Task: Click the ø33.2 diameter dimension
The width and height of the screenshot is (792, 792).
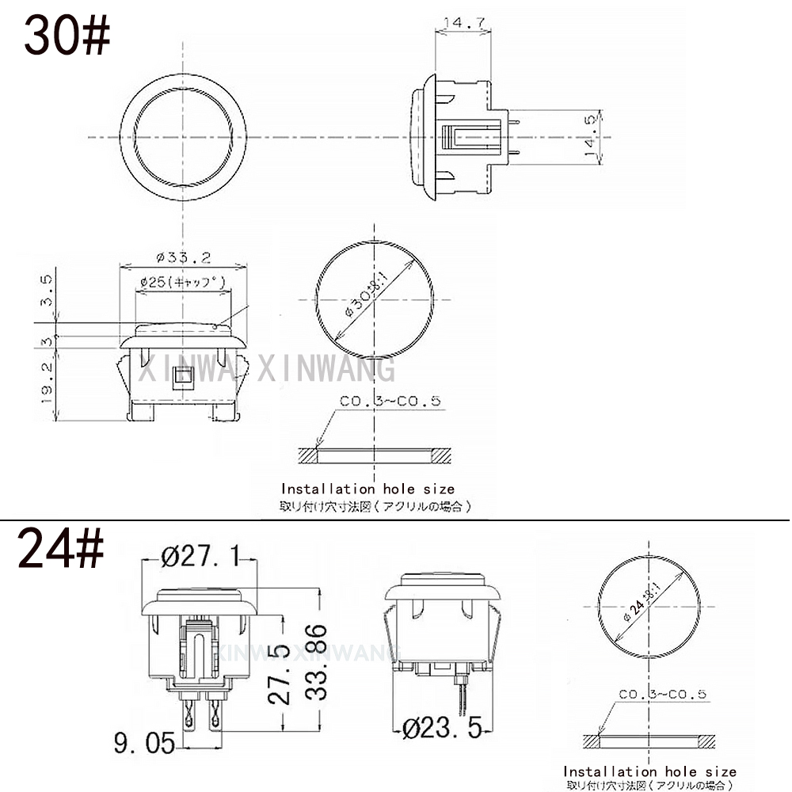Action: point(183,257)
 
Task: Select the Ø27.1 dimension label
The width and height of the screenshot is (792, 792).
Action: point(200,558)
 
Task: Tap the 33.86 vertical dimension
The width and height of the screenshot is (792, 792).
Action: point(316,663)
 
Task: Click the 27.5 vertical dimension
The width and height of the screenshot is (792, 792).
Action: point(278,673)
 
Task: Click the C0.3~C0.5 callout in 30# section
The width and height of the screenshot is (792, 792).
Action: point(389,402)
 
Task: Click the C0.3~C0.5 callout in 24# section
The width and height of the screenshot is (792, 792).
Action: point(662,695)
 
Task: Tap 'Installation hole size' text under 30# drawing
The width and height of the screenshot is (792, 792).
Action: point(368,489)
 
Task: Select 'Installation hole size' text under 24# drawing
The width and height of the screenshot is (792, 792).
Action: point(649,771)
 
